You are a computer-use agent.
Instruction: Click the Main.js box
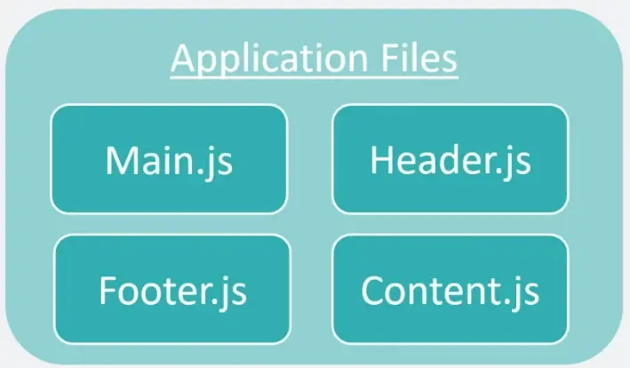pyautogui.click(x=169, y=159)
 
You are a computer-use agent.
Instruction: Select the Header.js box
pyautogui.click(x=451, y=159)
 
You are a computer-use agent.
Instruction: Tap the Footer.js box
pyautogui.click(x=172, y=289)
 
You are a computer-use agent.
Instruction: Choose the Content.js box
pyautogui.click(x=451, y=289)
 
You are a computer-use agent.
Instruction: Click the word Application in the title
pyautogui.click(x=269, y=60)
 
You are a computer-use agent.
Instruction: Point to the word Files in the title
pyautogui.click(x=419, y=58)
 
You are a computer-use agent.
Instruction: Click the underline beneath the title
pyautogui.click(x=315, y=76)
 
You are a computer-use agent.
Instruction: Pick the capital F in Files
pyautogui.click(x=388, y=59)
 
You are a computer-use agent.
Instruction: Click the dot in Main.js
pyautogui.click(x=201, y=171)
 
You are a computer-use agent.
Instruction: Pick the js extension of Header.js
pyautogui.click(x=517, y=163)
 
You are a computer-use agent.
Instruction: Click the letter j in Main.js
pyautogui.click(x=211, y=164)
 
